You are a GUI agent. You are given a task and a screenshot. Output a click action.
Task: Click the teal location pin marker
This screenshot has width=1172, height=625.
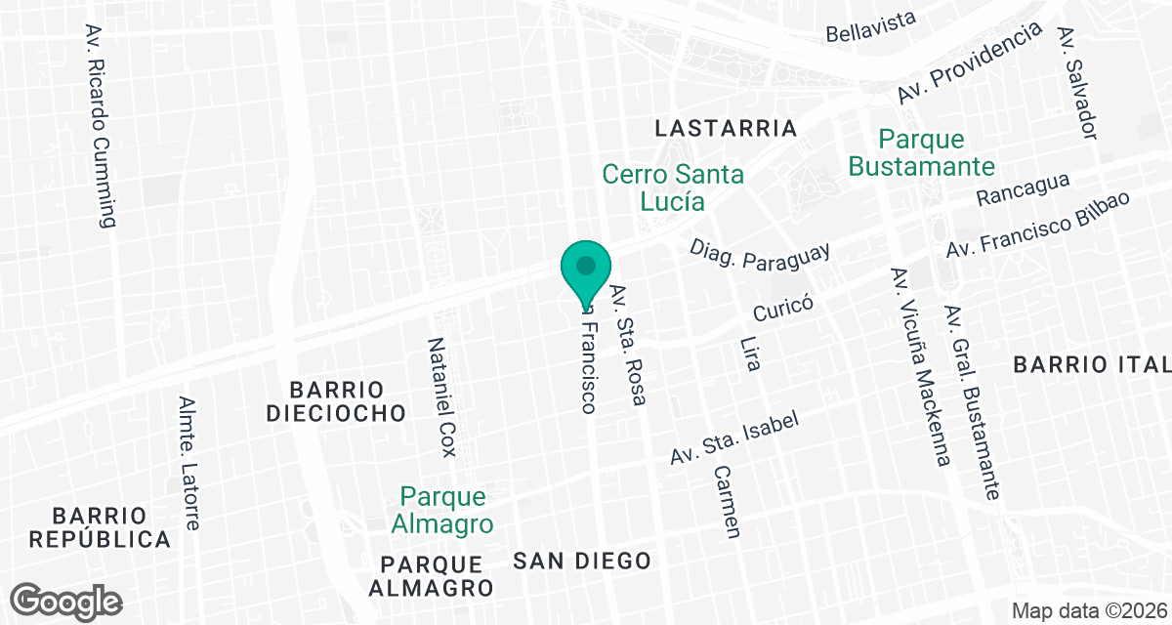tap(586, 270)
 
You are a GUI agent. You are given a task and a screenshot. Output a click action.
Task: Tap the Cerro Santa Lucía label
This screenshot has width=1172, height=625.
tap(673, 187)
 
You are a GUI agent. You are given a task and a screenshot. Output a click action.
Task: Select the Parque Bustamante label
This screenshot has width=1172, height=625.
tap(921, 152)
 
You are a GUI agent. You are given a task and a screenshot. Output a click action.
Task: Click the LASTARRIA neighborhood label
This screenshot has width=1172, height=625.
tap(726, 128)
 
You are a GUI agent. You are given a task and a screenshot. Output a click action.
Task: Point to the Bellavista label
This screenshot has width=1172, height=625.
tap(871, 26)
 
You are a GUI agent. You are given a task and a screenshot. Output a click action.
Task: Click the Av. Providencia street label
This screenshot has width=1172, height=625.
tap(970, 64)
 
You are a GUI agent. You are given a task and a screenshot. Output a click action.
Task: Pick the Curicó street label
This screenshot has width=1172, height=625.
tap(783, 309)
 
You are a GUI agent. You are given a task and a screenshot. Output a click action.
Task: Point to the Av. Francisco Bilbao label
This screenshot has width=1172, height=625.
tap(1037, 225)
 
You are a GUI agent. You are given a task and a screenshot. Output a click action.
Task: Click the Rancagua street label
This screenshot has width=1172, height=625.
tap(1023, 189)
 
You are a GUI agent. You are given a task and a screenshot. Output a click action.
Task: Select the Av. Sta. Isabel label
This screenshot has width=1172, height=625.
tap(734, 437)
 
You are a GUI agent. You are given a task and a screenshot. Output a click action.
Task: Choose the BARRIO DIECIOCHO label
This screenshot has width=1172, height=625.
tap(335, 400)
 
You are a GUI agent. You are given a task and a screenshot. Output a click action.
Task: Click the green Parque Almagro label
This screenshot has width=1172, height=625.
tap(442, 510)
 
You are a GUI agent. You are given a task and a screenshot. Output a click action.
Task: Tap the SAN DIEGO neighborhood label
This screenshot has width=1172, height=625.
tap(582, 561)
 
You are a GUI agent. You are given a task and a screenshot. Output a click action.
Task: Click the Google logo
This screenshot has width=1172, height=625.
tap(67, 600)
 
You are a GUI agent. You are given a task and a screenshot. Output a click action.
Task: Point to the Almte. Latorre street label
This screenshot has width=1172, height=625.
tap(189, 463)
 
